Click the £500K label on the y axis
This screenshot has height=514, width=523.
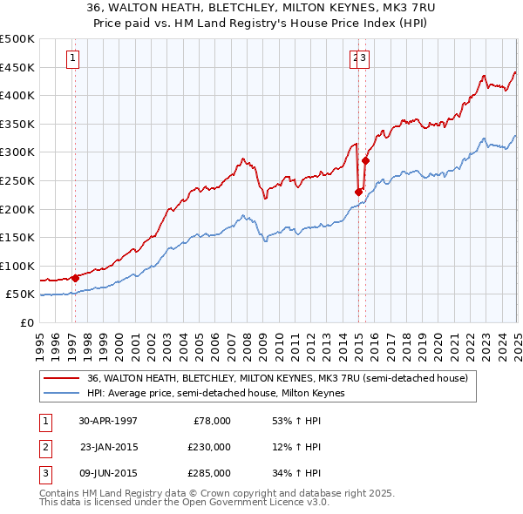click(x=17, y=39)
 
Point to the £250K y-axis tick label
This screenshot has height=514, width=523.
click(x=17, y=180)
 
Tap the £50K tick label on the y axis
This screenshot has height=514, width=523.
click(x=20, y=294)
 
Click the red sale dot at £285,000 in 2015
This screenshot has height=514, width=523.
click(x=365, y=160)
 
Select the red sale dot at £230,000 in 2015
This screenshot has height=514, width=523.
click(x=359, y=192)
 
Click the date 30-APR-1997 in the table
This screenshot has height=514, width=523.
click(x=108, y=420)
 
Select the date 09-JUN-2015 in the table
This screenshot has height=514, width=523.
click(x=108, y=473)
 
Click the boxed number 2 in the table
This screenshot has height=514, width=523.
click(x=44, y=447)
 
